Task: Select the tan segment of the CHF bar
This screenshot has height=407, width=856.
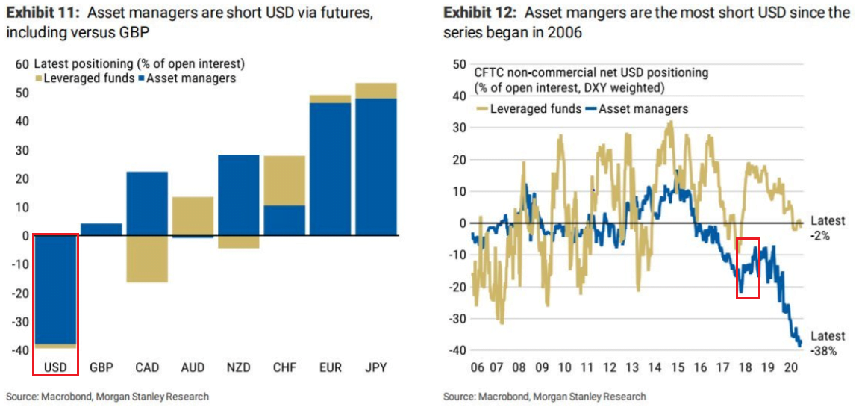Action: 284,181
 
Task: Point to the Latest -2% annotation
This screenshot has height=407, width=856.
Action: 828,228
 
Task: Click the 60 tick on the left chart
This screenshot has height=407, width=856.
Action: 22,63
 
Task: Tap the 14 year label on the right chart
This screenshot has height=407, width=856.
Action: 654,367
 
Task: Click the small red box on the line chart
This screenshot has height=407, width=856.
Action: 748,268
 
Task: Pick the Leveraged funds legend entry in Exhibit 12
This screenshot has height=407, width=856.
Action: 528,108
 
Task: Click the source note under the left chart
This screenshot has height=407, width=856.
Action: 107,397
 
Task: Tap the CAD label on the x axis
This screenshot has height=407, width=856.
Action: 146,368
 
